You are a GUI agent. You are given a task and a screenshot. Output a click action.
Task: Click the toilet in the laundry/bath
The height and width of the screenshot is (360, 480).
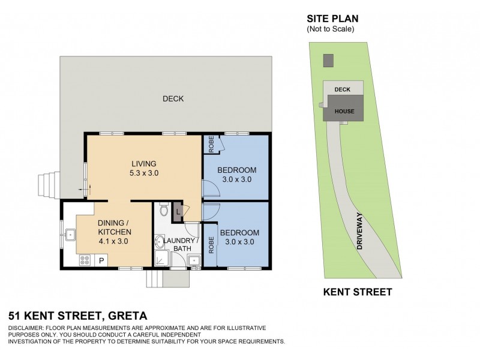click(163, 211)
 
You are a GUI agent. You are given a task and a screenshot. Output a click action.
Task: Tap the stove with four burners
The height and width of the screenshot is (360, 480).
click(85, 260)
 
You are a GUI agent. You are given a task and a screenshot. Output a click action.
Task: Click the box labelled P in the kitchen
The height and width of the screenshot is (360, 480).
click(101, 260)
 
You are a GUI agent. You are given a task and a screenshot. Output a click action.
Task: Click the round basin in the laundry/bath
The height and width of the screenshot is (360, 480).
click(160, 242)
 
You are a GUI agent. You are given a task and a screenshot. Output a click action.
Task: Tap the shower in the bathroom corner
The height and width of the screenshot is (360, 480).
click(163, 259)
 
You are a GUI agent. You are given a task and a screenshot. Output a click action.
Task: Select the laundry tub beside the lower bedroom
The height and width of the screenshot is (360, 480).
click(194, 260)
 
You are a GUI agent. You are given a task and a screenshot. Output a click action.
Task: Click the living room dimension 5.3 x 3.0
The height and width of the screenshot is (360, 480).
click(144, 173)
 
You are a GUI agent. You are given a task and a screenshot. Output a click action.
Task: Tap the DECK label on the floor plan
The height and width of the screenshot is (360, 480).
click(173, 99)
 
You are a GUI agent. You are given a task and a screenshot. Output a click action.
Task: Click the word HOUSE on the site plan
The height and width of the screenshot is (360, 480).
click(344, 112)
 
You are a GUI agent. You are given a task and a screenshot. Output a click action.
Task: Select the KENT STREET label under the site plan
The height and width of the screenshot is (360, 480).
click(358, 293)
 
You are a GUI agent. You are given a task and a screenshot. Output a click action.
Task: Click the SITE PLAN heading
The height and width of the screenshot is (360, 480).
click(332, 19)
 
